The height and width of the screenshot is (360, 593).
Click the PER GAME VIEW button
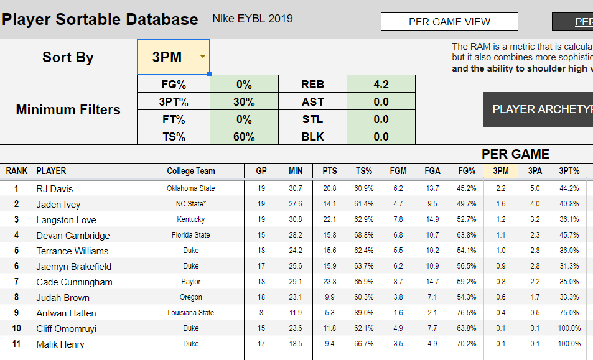click(449, 22)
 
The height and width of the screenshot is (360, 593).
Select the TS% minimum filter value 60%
click(244, 137)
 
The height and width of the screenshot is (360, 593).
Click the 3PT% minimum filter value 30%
click(244, 102)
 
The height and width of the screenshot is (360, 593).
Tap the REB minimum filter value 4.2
click(381, 85)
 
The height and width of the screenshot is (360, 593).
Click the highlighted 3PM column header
click(500, 171)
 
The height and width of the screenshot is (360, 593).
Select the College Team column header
click(190, 171)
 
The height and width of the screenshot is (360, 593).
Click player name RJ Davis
click(55, 188)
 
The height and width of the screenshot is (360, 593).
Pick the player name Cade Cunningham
click(74, 282)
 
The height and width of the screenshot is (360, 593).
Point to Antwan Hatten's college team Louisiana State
click(190, 313)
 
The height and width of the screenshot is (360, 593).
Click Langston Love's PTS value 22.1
click(330, 219)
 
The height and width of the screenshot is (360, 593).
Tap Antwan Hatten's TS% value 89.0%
click(364, 313)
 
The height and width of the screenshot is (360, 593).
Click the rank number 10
click(17, 328)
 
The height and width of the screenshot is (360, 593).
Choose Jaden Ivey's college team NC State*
click(190, 204)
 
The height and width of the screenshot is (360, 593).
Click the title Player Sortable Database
click(100, 19)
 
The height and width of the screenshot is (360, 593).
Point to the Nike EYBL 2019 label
click(253, 19)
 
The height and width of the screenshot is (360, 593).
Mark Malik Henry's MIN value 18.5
click(296, 344)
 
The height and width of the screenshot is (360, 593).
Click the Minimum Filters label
click(68, 110)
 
